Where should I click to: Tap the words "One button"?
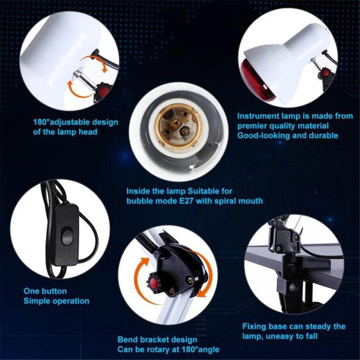pyautogui.click(x=45, y=291)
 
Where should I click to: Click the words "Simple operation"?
pyautogui.click(x=56, y=301)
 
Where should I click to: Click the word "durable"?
pyautogui.click(x=323, y=135)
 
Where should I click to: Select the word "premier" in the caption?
pyautogui.click(x=252, y=126)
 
